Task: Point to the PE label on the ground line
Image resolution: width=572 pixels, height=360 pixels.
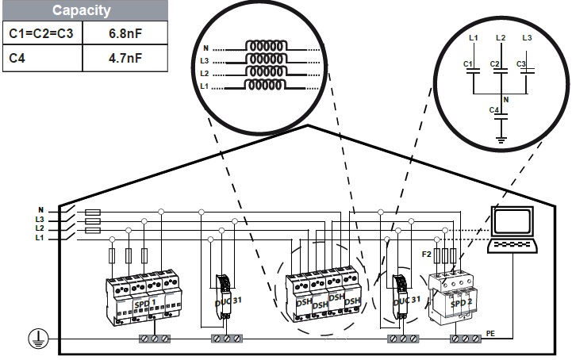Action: pyautogui.click(x=490, y=334)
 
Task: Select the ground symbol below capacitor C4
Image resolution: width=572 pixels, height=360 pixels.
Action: pyautogui.click(x=501, y=140)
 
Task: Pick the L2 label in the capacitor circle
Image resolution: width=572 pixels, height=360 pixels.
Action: pyautogui.click(x=499, y=37)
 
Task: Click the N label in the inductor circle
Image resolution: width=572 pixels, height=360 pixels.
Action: pyautogui.click(x=205, y=48)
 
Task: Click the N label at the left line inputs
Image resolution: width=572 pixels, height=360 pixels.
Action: pyautogui.click(x=41, y=210)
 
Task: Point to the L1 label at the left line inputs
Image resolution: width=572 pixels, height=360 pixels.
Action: pyautogui.click(x=40, y=237)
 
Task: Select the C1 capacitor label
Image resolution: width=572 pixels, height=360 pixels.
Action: pyautogui.click(x=467, y=63)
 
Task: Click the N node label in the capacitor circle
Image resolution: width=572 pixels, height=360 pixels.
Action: pyautogui.click(x=505, y=99)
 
